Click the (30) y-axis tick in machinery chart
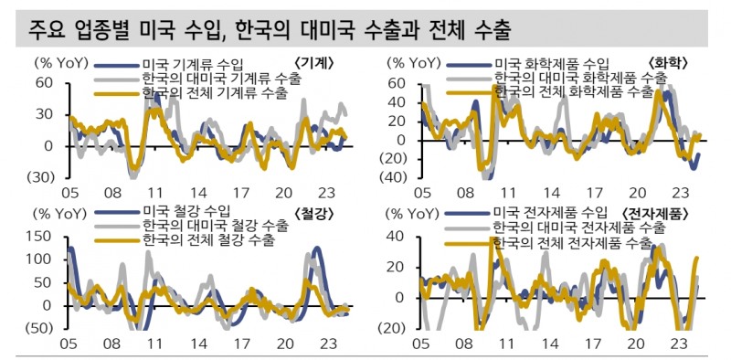(43, 177)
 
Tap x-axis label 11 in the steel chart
(155, 345)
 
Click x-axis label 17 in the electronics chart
(594, 345)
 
